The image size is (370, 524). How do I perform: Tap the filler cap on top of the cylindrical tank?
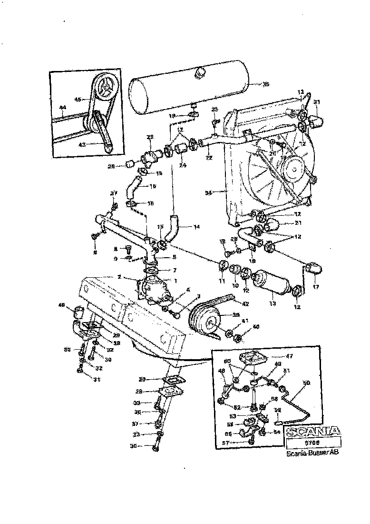pyautogui.click(x=200, y=72)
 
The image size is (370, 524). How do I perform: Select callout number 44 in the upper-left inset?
pyautogui.click(x=62, y=108)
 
